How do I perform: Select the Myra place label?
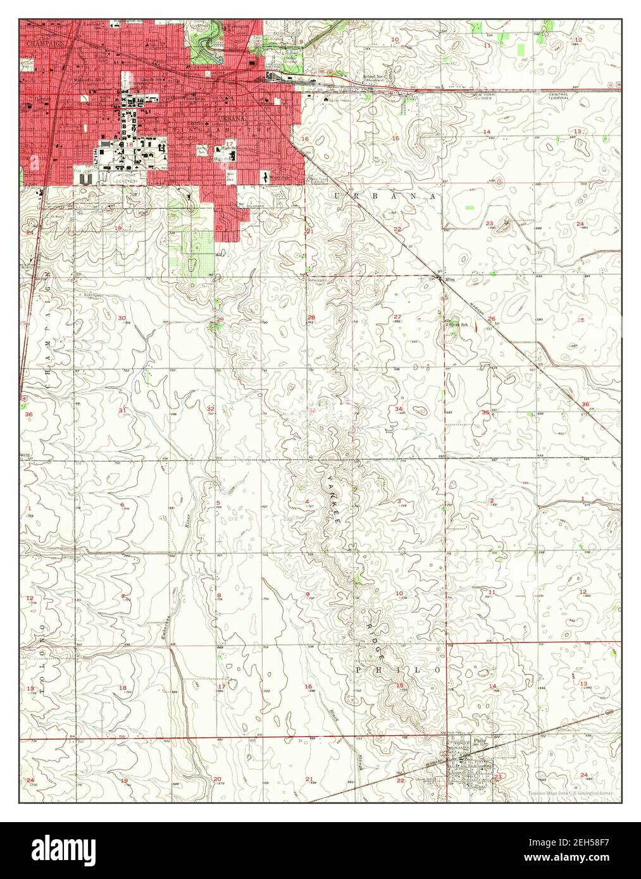pos(450,279)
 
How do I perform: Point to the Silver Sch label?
pos(458,324)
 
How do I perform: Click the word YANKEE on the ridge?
pos(335,500)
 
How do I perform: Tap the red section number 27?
pos(397,317)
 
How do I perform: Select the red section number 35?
pos(485,412)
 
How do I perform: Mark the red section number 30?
pos(122,318)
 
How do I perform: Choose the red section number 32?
pos(210,409)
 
